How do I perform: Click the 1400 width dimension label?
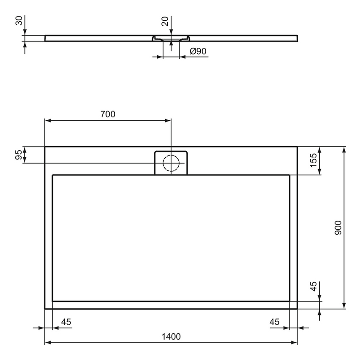pos(171,337)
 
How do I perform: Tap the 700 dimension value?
pos(108,114)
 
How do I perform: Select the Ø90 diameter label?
pos(198,51)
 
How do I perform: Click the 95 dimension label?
pos(19,155)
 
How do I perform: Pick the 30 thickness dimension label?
pos(19,21)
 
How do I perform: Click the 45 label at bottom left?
pos(66,322)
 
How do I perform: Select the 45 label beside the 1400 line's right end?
pos(274,322)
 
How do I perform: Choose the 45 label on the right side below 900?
pos(313,287)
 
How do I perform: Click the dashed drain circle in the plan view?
pos(171,163)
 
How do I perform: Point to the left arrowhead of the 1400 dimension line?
pos(48,342)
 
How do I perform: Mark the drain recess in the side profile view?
pos(171,39)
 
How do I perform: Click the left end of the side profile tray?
pos(45,38)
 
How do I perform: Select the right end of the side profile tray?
pos(297,38)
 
